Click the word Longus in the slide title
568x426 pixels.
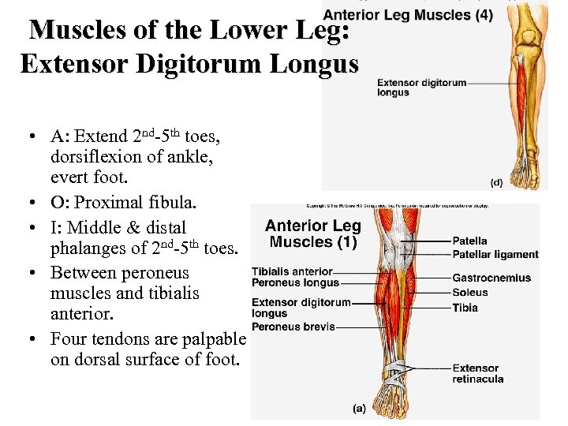312,63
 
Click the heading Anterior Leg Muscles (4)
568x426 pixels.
408,14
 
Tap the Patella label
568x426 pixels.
469,241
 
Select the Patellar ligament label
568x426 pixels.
495,255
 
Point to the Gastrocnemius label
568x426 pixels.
491,278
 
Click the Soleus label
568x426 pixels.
470,293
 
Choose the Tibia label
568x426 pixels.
465,308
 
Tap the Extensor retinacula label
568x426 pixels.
475,373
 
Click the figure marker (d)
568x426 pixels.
496,182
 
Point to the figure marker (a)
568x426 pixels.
359,408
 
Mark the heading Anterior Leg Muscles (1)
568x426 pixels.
312,234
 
